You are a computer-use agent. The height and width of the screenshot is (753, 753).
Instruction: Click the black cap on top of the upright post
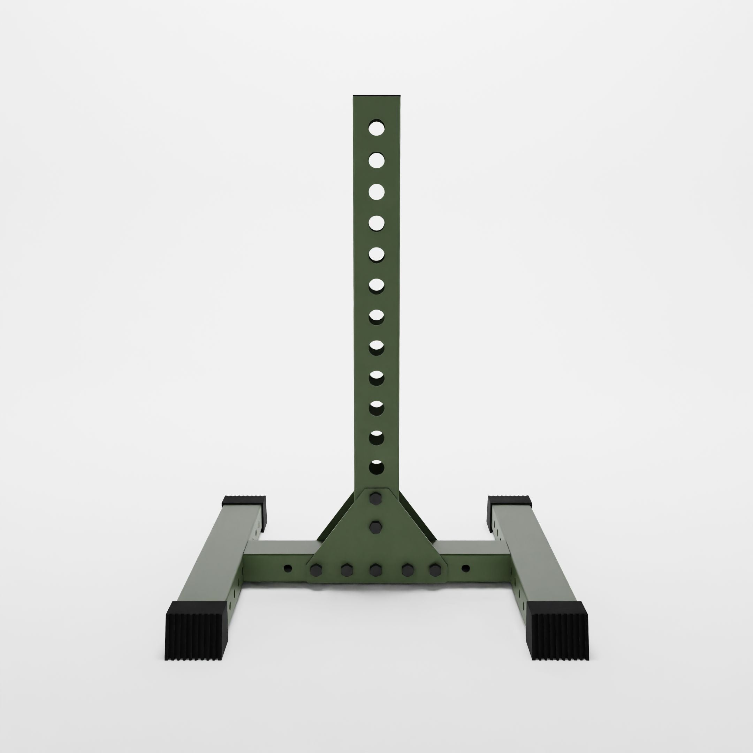(376, 96)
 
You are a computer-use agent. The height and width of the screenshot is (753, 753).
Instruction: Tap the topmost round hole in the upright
(376, 128)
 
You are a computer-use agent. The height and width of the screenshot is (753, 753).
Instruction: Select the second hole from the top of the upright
(376, 160)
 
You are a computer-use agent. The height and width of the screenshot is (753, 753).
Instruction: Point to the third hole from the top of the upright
(376, 192)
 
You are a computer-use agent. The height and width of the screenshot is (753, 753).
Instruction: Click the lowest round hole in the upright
(376, 467)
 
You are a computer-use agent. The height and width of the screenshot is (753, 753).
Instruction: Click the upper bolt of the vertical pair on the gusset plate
(376, 499)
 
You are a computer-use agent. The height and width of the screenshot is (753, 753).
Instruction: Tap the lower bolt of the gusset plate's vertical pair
(376, 528)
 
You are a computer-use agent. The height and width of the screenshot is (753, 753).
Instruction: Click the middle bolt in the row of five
(376, 570)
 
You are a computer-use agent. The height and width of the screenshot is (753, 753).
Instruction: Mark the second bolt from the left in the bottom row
(346, 570)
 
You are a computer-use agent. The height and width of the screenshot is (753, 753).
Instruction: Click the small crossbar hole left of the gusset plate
(288, 568)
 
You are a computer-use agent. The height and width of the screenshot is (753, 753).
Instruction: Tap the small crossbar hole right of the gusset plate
(465, 568)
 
